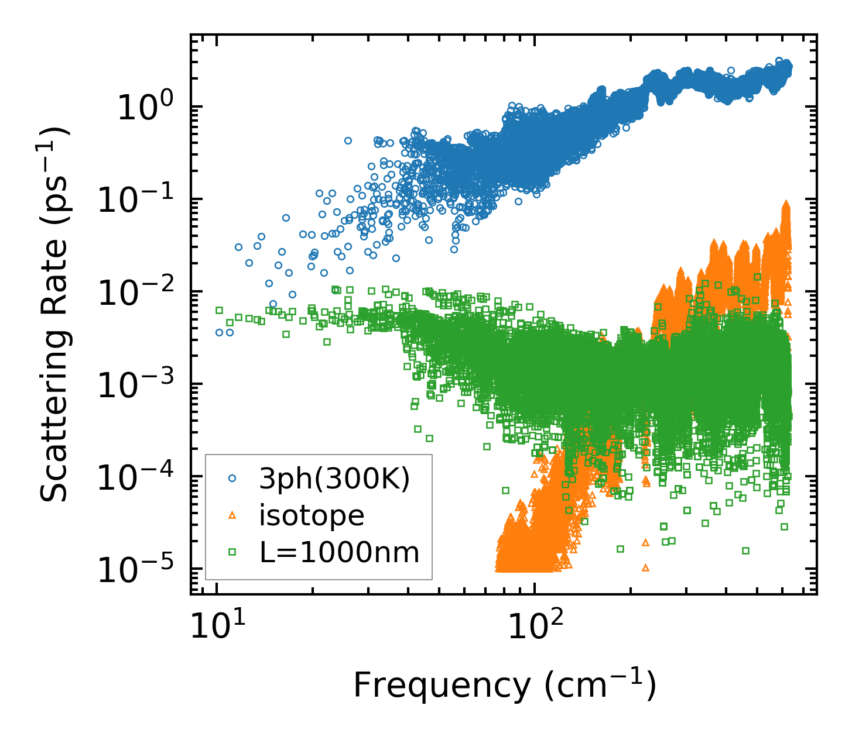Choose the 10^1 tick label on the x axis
pyautogui.click(x=217, y=626)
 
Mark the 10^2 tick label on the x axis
pyautogui.click(x=533, y=626)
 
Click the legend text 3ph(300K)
pyautogui.click(x=334, y=479)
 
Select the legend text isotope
pyautogui.click(x=312, y=515)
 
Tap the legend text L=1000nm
pyautogui.click(x=340, y=552)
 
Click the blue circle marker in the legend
pyautogui.click(x=232, y=479)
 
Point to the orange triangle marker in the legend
pyautogui.click(x=232, y=515)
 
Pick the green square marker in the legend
pyautogui.click(x=232, y=551)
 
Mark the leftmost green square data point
pyautogui.click(x=219, y=310)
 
